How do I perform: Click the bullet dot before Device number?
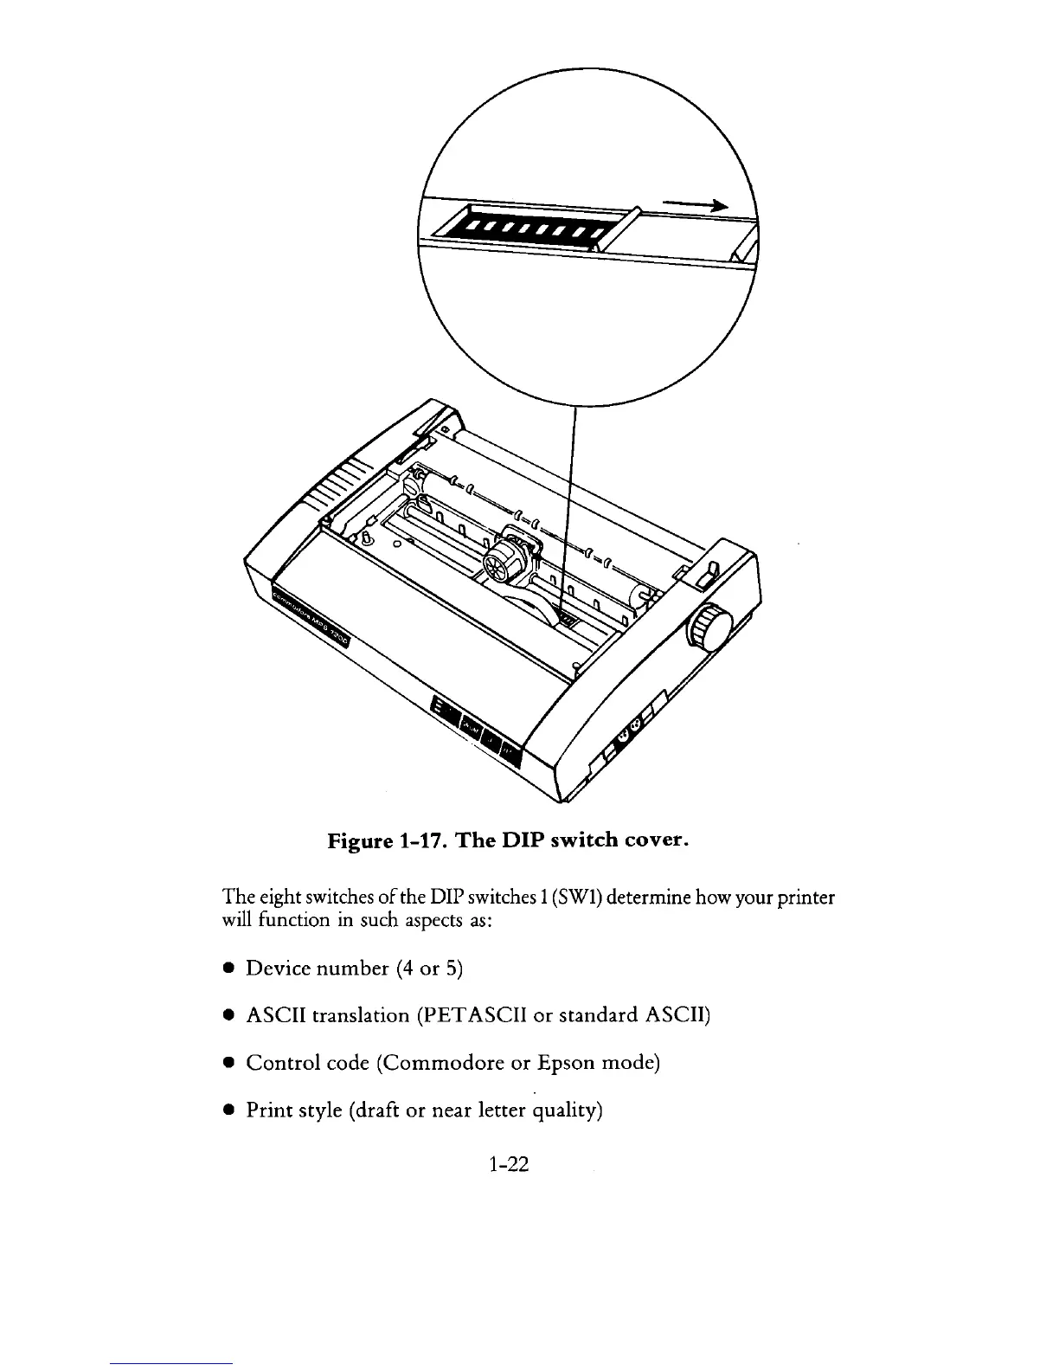pyautogui.click(x=228, y=968)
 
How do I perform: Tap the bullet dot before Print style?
pyautogui.click(x=228, y=1110)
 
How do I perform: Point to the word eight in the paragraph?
pyautogui.click(x=276, y=898)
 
